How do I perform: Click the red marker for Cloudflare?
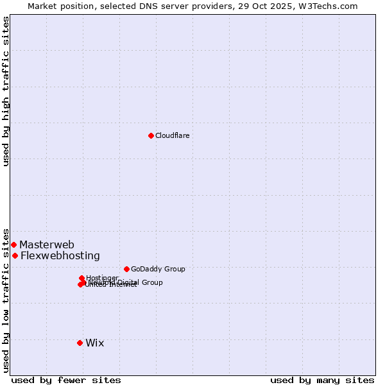(151, 135)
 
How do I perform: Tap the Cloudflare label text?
(172, 135)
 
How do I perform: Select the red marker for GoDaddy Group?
(126, 269)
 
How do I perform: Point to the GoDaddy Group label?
(158, 269)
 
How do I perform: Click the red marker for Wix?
(80, 343)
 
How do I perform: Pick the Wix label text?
(94, 343)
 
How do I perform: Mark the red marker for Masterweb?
(13, 244)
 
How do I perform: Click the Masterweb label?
(47, 244)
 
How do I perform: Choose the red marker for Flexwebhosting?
(15, 255)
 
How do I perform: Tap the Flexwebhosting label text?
(60, 255)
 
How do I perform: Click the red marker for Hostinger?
(81, 278)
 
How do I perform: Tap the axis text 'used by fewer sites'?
(66, 380)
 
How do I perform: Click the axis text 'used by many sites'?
(322, 380)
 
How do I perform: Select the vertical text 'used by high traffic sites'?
(6, 91)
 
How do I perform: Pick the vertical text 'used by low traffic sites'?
(6, 300)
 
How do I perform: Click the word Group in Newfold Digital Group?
(151, 282)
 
